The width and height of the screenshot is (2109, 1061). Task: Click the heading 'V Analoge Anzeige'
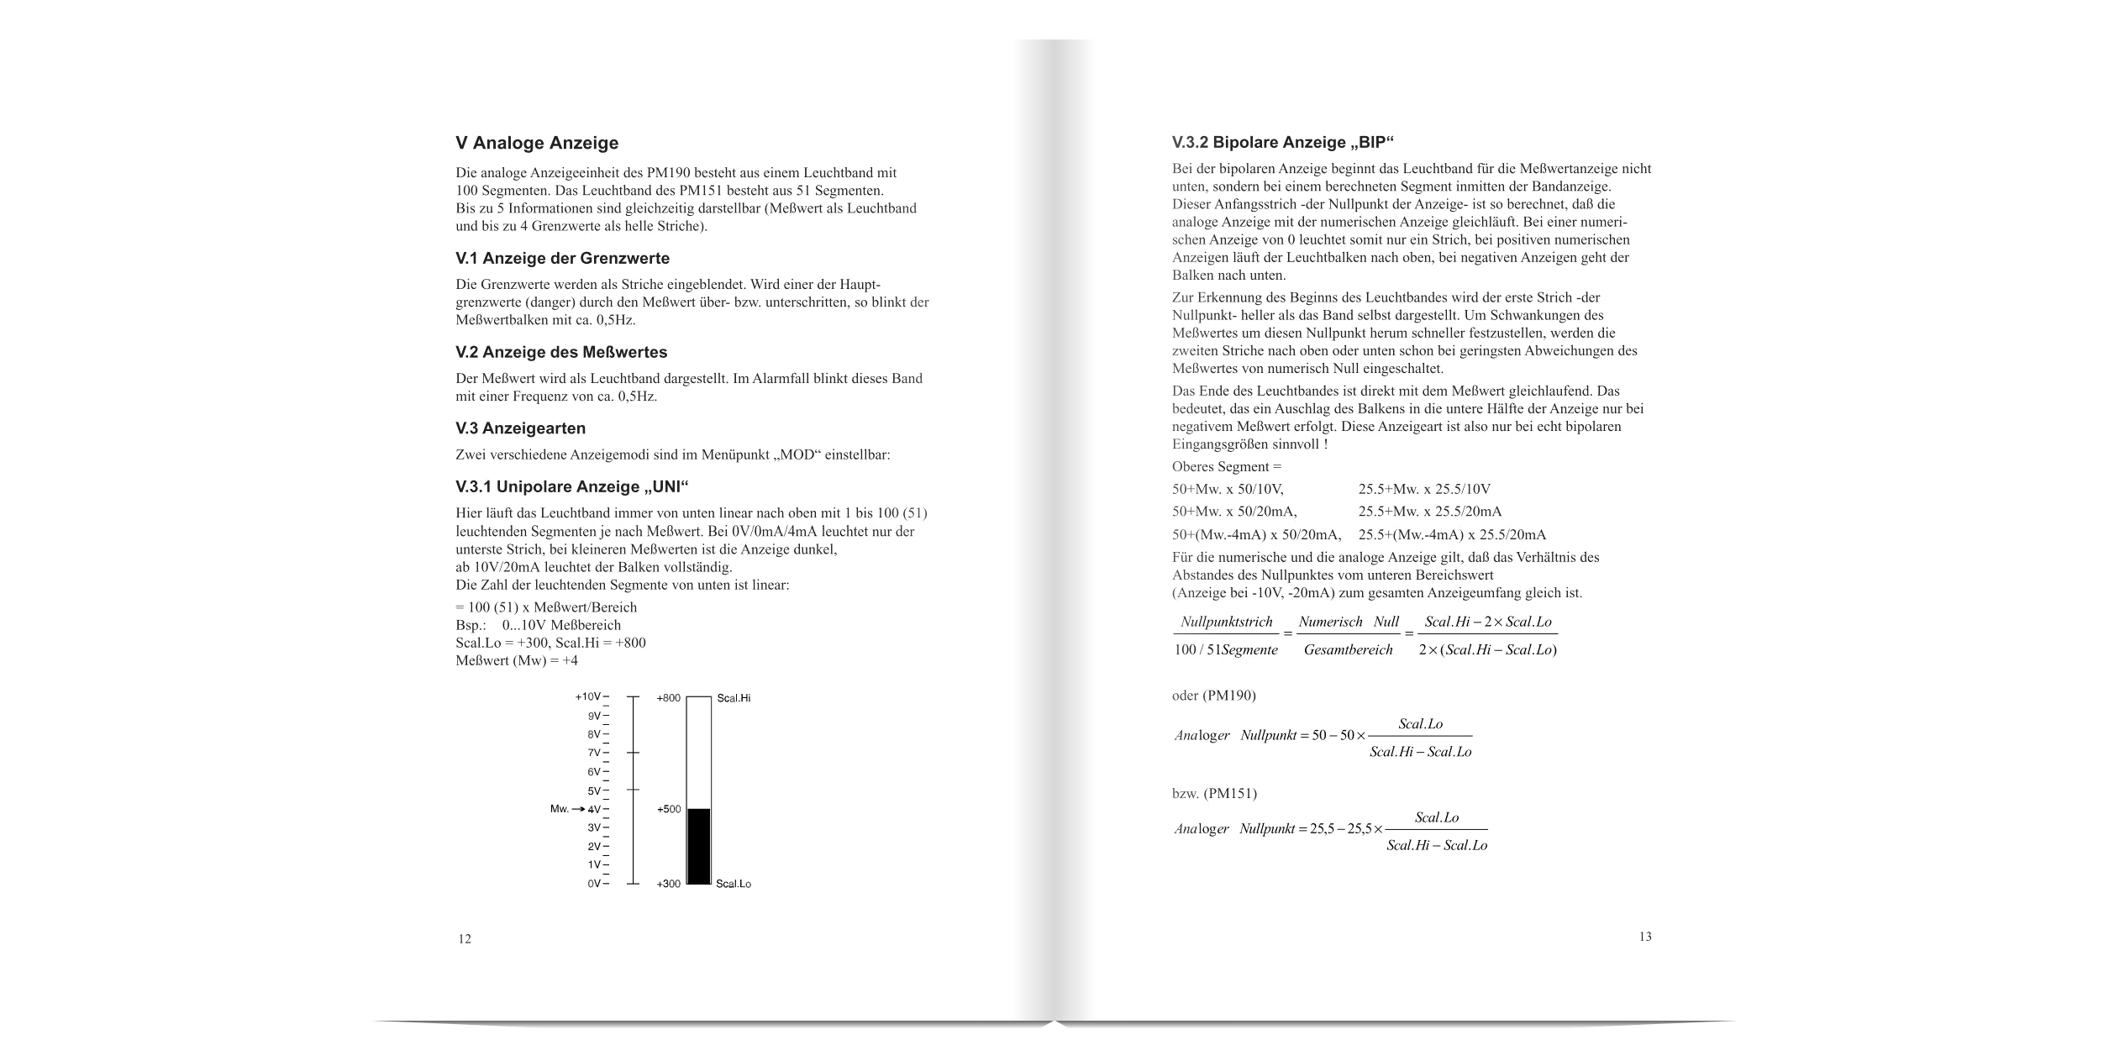pyautogui.click(x=537, y=143)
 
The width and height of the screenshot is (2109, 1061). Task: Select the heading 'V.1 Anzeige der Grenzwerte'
pyautogui.click(x=562, y=258)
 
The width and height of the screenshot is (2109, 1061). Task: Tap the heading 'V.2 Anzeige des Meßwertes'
pyautogui.click(x=561, y=351)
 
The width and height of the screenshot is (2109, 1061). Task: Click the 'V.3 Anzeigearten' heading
pyautogui.click(x=520, y=428)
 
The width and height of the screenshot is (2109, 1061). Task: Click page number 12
pyautogui.click(x=465, y=939)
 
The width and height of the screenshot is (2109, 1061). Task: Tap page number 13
pyautogui.click(x=1645, y=937)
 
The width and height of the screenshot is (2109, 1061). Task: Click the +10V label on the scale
pyautogui.click(x=588, y=697)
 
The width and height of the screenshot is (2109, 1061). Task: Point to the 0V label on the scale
pyautogui.click(x=594, y=884)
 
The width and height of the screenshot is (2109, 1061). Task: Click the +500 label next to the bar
pyautogui.click(x=669, y=810)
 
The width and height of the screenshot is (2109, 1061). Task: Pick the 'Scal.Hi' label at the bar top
pyautogui.click(x=734, y=698)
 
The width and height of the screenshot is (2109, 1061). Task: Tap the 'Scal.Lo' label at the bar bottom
pyautogui.click(x=734, y=885)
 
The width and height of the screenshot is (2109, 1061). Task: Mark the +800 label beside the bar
pyautogui.click(x=669, y=698)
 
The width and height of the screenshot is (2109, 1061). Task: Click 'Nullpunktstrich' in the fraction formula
pyautogui.click(x=1226, y=622)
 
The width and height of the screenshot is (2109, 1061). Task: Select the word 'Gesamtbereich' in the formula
pyautogui.click(x=1348, y=649)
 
